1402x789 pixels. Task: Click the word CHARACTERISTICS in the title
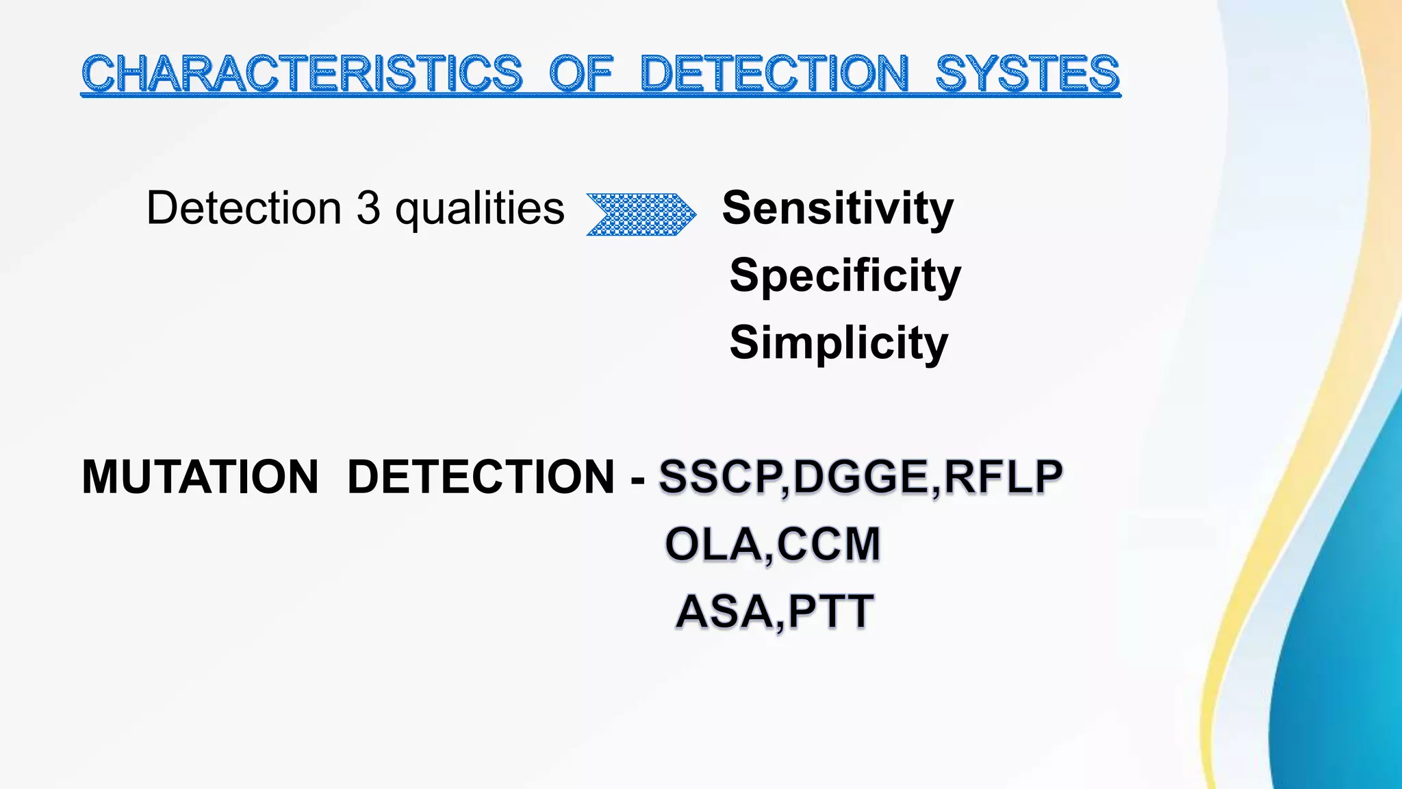coord(302,73)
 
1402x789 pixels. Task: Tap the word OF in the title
coord(581,73)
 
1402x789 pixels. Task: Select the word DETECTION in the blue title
coord(774,73)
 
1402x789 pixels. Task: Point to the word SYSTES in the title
coord(1027,73)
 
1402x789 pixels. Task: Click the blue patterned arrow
coord(641,214)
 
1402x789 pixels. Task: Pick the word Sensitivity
coord(837,208)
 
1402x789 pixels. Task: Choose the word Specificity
coord(845,275)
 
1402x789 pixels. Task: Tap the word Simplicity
coord(839,342)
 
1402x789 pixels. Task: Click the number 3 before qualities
coord(368,208)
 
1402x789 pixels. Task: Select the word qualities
coord(480,210)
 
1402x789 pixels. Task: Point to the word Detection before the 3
coord(244,208)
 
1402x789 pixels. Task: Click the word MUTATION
coord(200,477)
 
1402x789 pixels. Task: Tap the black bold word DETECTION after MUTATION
coord(481,477)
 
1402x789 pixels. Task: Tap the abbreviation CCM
coord(829,544)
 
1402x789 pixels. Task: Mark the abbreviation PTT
coord(830,612)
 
